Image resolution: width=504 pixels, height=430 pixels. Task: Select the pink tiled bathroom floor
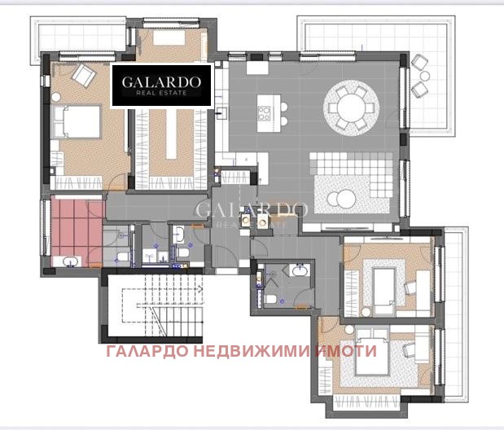[73, 224]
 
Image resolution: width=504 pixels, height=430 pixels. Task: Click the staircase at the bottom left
[155, 308]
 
